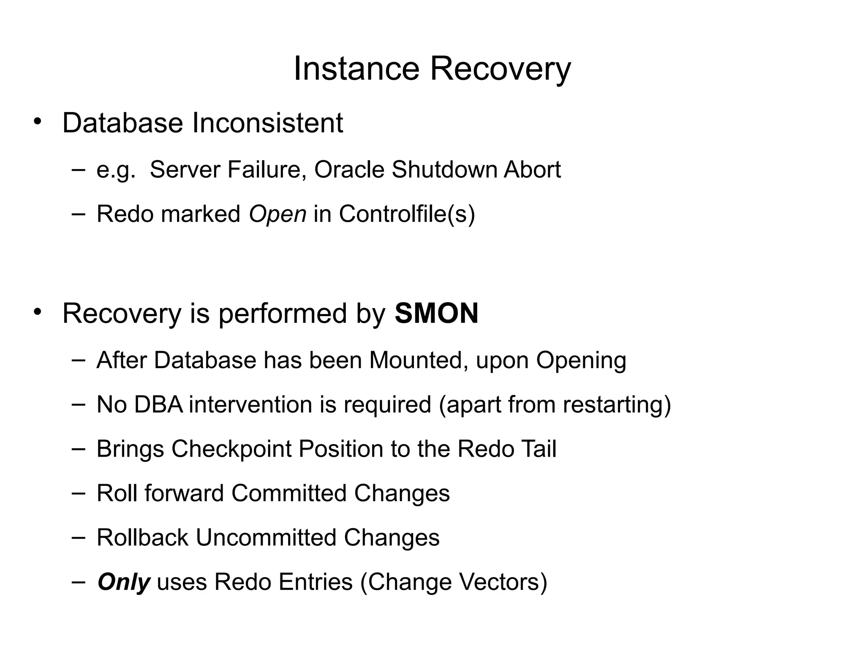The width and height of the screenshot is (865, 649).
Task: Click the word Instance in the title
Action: [x=356, y=69]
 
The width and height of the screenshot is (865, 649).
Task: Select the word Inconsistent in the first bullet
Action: [x=267, y=123]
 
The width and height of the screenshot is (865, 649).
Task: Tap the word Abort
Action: [x=532, y=170]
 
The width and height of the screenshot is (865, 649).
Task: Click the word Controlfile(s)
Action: [x=407, y=214]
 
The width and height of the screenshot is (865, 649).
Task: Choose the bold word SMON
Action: [x=436, y=314]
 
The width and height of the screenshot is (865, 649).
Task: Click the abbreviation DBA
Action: [x=158, y=404]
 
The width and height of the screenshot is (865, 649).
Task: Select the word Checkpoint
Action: [x=231, y=449]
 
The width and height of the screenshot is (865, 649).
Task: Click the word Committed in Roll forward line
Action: [x=289, y=493]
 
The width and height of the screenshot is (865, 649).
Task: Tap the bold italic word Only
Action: [x=123, y=582]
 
